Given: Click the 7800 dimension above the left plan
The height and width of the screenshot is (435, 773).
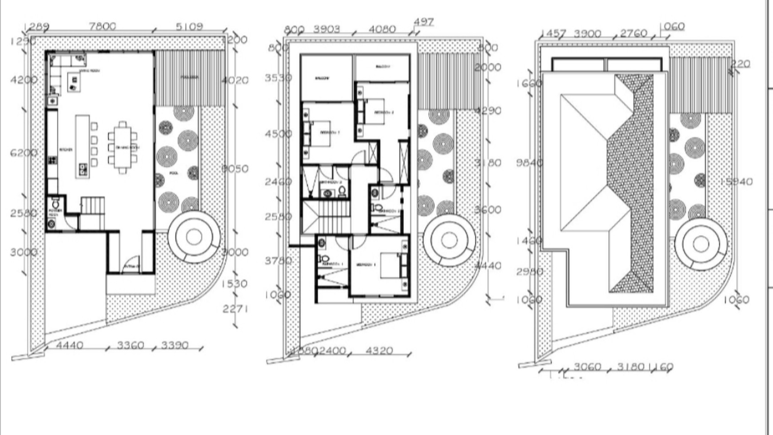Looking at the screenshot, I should (102, 27).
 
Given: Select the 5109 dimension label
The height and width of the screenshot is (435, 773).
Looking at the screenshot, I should (189, 27).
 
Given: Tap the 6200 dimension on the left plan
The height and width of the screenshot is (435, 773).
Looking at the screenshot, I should (24, 153).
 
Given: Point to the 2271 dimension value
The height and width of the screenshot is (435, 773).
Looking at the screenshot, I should (235, 309).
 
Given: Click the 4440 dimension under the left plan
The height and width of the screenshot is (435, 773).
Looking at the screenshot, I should (70, 345).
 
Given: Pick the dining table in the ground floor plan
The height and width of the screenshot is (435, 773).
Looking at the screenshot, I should (123, 148).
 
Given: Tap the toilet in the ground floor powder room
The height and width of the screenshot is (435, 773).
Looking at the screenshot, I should (56, 204).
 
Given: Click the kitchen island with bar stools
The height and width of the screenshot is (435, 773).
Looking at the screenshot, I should (83, 147).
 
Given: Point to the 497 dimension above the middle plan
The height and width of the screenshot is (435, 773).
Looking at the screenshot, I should (424, 22).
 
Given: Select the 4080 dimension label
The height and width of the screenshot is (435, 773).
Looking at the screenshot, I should (382, 29).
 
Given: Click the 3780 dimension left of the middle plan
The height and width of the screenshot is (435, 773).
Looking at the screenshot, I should (278, 261).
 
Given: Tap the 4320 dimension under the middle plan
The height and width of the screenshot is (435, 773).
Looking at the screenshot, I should (379, 351).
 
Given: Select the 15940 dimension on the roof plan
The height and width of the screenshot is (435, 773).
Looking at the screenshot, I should (736, 182).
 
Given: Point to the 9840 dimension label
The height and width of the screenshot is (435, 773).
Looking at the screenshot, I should (529, 163).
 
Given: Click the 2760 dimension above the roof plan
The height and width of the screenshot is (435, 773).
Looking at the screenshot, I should (634, 34).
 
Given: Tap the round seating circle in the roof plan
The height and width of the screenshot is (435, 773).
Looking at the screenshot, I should (701, 243).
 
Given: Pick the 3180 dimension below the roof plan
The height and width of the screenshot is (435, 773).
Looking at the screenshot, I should (630, 367).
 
